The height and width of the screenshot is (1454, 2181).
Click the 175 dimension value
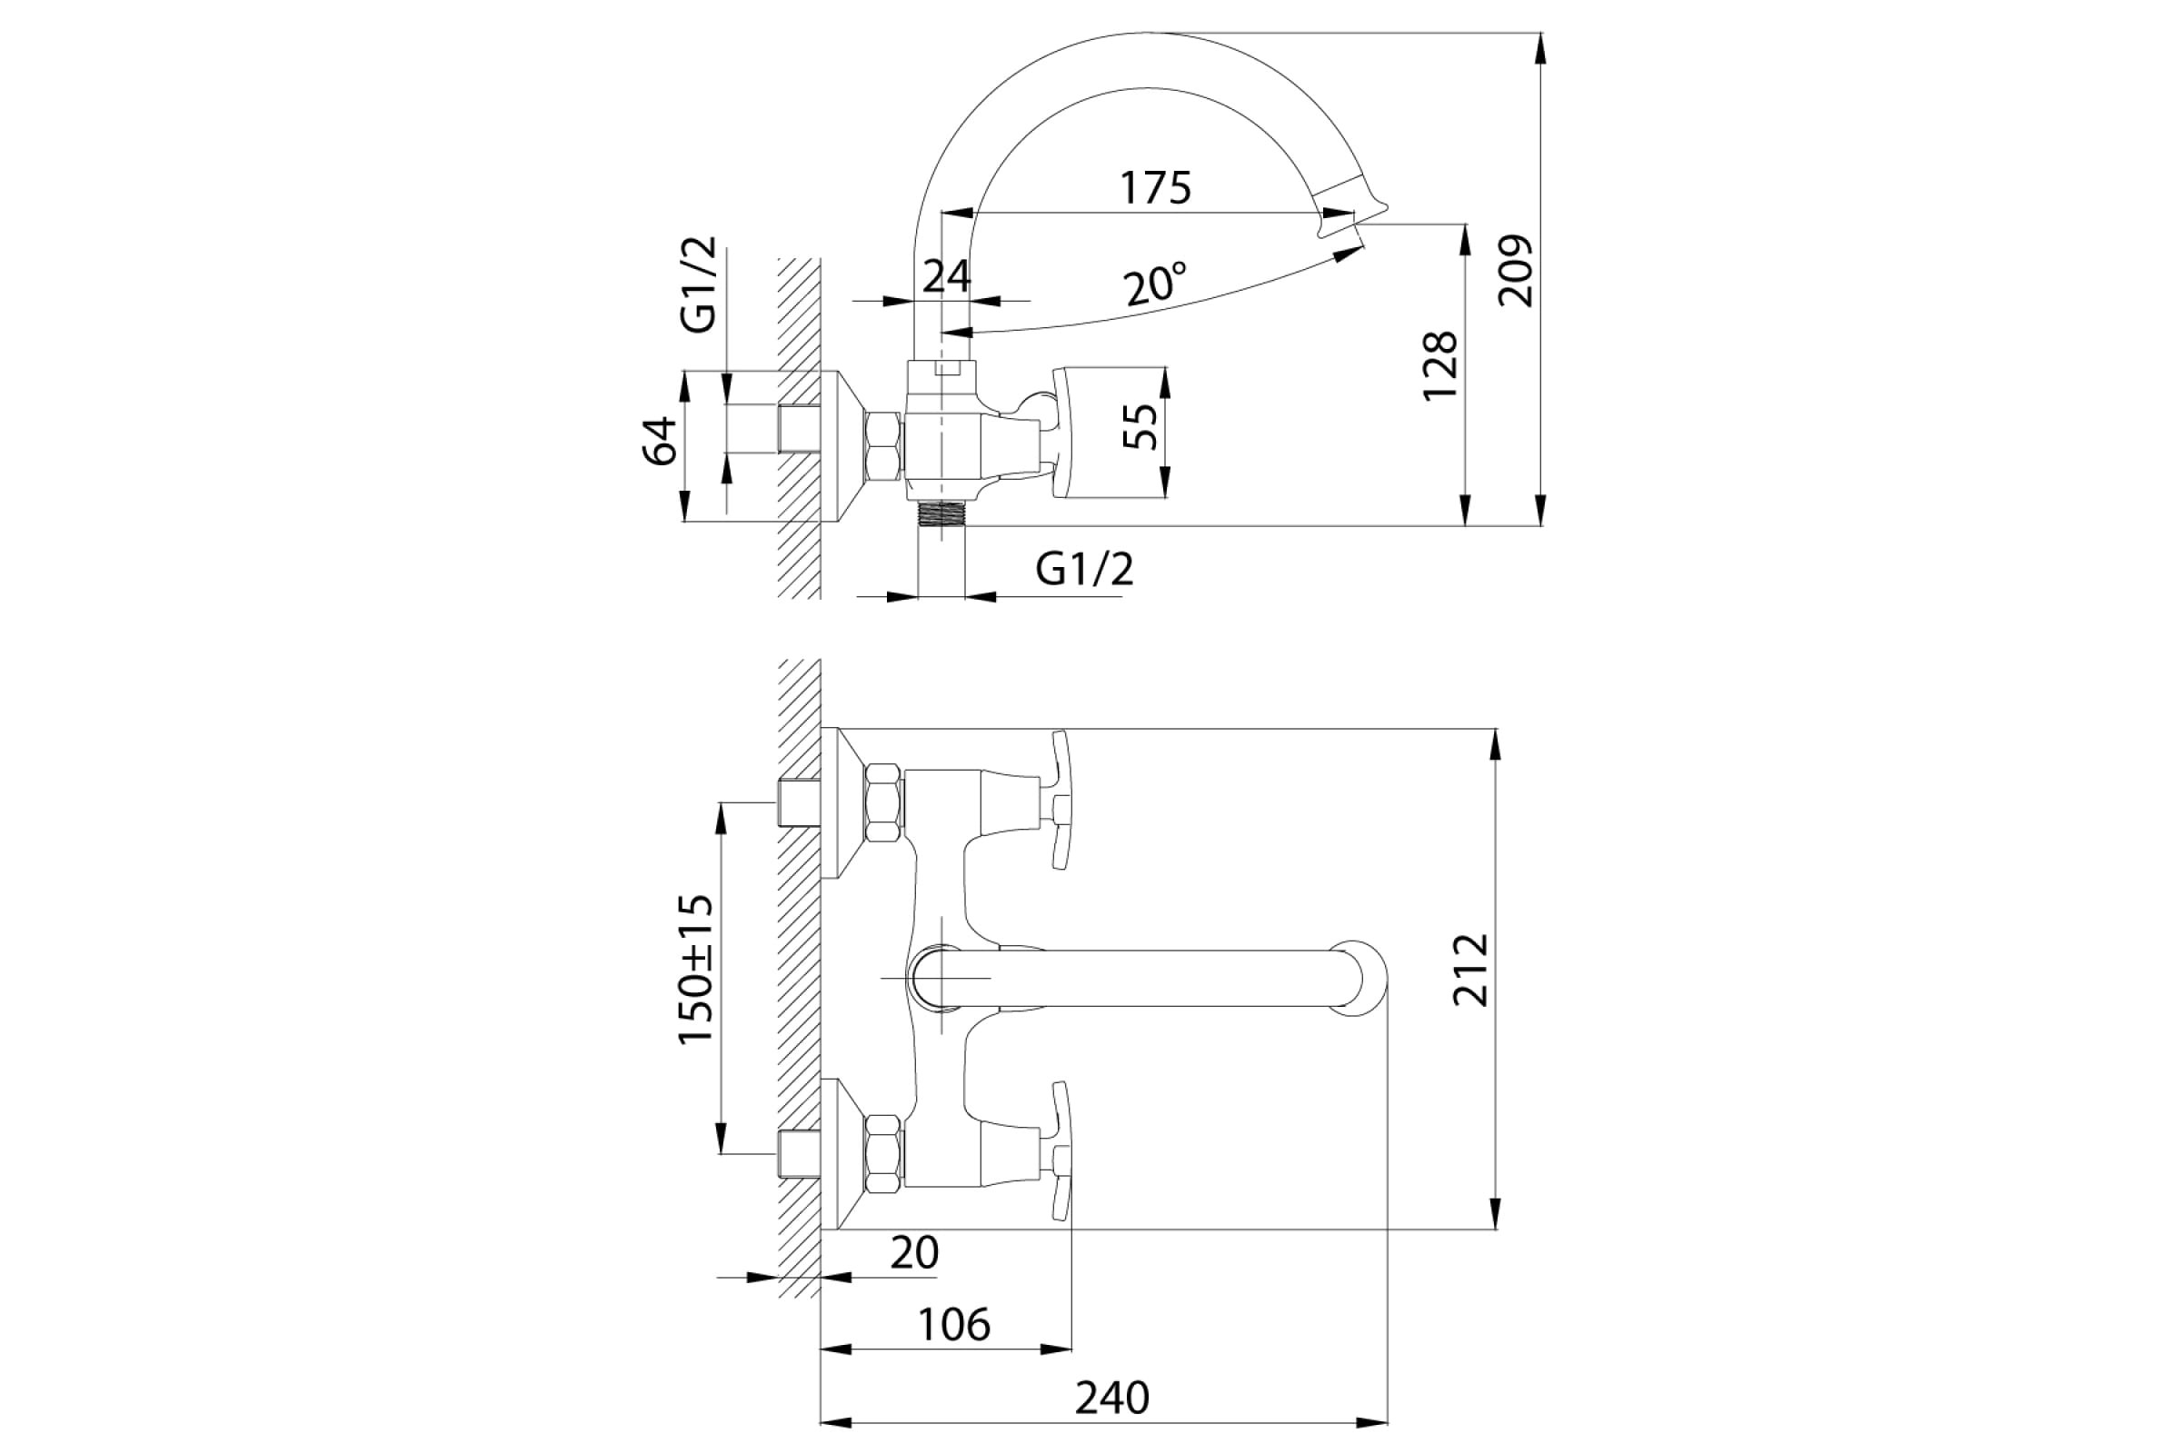click(x=1154, y=187)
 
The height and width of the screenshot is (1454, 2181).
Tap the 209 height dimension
click(x=1516, y=271)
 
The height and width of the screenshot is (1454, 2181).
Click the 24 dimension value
click(x=947, y=276)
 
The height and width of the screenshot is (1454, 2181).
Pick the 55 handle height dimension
click(x=1140, y=426)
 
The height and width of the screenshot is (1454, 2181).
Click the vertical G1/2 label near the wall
click(x=698, y=284)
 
